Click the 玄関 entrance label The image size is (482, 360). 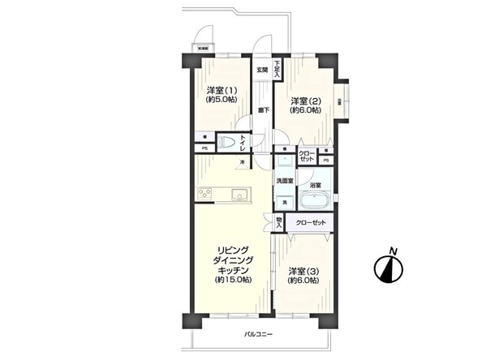262,70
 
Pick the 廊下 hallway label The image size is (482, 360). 263,109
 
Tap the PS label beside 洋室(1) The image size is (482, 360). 204,149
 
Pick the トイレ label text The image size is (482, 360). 253,143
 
